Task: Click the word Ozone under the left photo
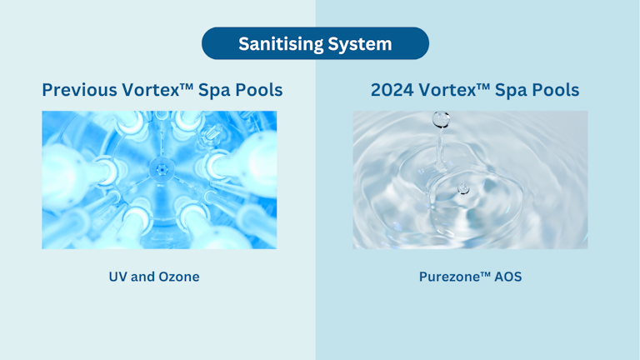coord(177,277)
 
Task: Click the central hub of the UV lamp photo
coord(159,171)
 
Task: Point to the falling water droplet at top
coord(439,122)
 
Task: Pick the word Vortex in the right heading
coord(458,90)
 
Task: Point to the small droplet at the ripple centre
coord(463,190)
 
